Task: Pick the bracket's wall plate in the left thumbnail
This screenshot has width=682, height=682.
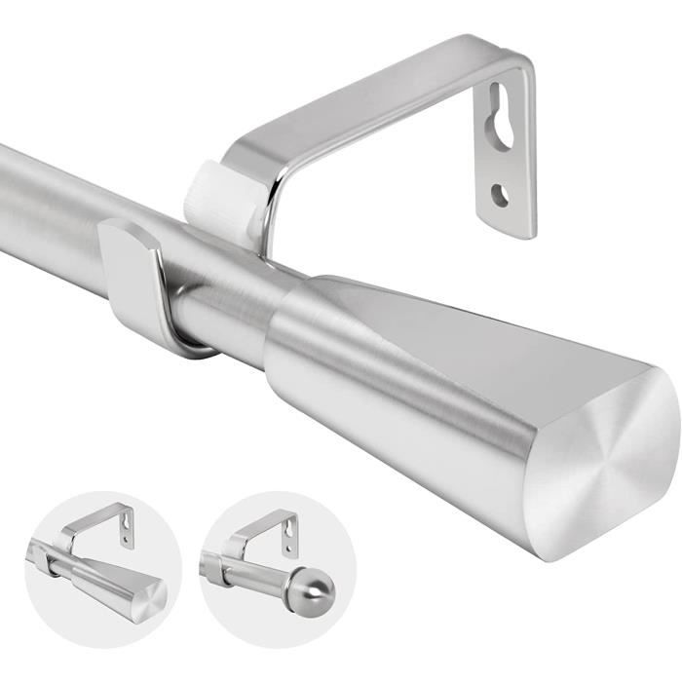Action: pyautogui.click(x=127, y=525)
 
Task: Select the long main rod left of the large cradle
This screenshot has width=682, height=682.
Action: pyautogui.click(x=49, y=209)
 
